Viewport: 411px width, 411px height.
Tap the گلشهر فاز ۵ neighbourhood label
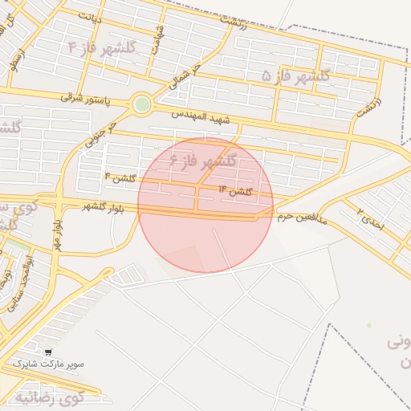(x=298, y=75)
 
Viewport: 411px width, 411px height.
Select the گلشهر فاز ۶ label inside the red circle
(x=203, y=161)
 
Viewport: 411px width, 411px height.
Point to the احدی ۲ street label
(x=371, y=220)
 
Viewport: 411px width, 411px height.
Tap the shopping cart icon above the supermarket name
(x=49, y=352)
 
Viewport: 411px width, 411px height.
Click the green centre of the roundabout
(x=142, y=104)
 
